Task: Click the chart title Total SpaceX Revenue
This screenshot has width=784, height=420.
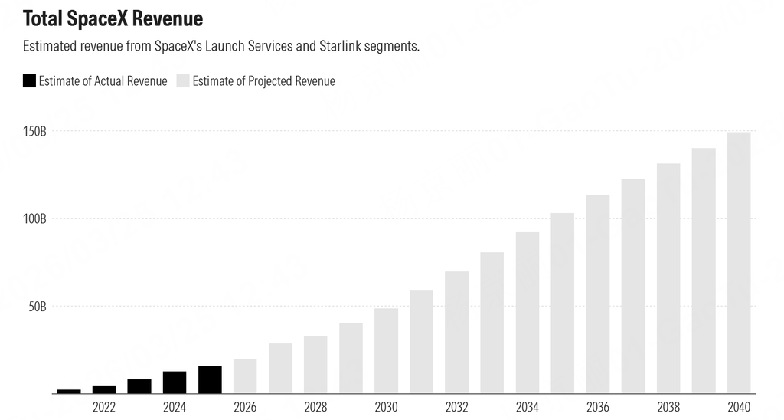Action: [x=113, y=18]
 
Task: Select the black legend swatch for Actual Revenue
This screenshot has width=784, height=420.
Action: [x=30, y=80]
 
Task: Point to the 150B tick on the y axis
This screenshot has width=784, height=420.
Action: [x=35, y=132]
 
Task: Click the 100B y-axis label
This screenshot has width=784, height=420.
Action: [x=35, y=219]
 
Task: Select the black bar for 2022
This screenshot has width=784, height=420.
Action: [x=104, y=389]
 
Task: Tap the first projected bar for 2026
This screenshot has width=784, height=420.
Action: [x=245, y=376]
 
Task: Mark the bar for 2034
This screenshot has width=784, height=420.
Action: [x=528, y=313]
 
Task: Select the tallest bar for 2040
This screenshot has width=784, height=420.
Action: [x=739, y=263]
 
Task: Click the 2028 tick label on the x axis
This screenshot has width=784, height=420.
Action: [x=315, y=407]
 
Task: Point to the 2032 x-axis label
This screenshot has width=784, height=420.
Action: [x=456, y=407]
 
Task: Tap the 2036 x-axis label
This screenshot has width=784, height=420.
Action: [x=598, y=407]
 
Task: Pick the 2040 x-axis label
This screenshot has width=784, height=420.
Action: [x=739, y=407]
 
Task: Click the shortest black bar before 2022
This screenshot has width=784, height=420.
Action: [x=69, y=391]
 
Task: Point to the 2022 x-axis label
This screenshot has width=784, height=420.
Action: [x=104, y=407]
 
